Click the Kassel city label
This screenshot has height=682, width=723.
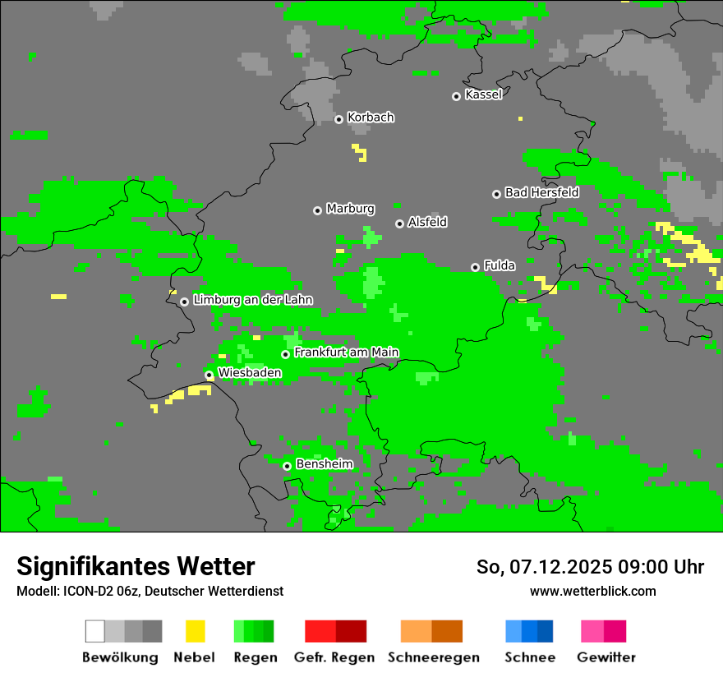(483, 94)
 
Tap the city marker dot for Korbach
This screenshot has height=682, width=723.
(338, 119)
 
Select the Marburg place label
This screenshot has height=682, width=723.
(350, 209)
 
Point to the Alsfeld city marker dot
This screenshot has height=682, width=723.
(399, 223)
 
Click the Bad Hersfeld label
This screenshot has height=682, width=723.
(541, 192)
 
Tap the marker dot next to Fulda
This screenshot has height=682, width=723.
(475, 267)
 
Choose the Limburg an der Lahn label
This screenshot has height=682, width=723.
(252, 300)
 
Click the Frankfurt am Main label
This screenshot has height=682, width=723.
(346, 353)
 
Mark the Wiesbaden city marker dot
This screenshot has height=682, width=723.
(209, 375)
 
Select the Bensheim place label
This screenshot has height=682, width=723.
(324, 464)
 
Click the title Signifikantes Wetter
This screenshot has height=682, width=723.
(136, 566)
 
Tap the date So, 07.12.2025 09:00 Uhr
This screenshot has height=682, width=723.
(590, 567)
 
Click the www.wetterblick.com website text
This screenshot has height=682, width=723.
(592, 591)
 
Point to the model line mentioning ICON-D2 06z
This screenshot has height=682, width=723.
(150, 591)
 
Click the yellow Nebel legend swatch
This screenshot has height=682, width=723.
(195, 631)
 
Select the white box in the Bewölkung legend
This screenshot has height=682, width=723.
(95, 631)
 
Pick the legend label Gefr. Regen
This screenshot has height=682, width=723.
(334, 657)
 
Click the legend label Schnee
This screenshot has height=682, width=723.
(529, 657)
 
